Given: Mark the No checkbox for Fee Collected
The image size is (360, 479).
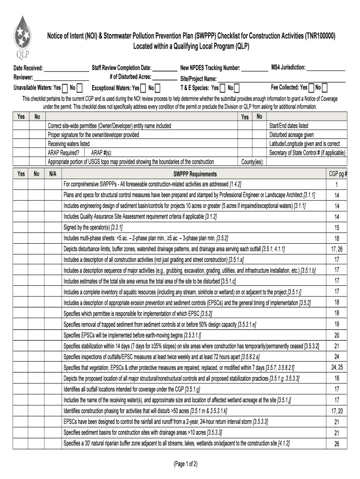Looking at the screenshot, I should pos(324,87).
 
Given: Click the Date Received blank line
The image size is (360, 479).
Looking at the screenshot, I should pos(66,68).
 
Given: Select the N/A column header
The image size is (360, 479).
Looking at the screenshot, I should pos(52,174).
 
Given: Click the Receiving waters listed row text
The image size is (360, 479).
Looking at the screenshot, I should pos(69,144).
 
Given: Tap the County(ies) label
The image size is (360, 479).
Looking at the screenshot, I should pos(252,162).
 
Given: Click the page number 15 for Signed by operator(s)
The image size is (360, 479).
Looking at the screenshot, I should pos(337,227).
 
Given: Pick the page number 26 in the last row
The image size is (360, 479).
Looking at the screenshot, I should pos(337,444).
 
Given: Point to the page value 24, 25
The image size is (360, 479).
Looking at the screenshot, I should pos(337,367).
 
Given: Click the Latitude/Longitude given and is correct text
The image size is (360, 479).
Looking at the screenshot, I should pos(304,144).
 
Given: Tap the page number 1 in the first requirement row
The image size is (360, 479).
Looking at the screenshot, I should pos(337,184).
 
